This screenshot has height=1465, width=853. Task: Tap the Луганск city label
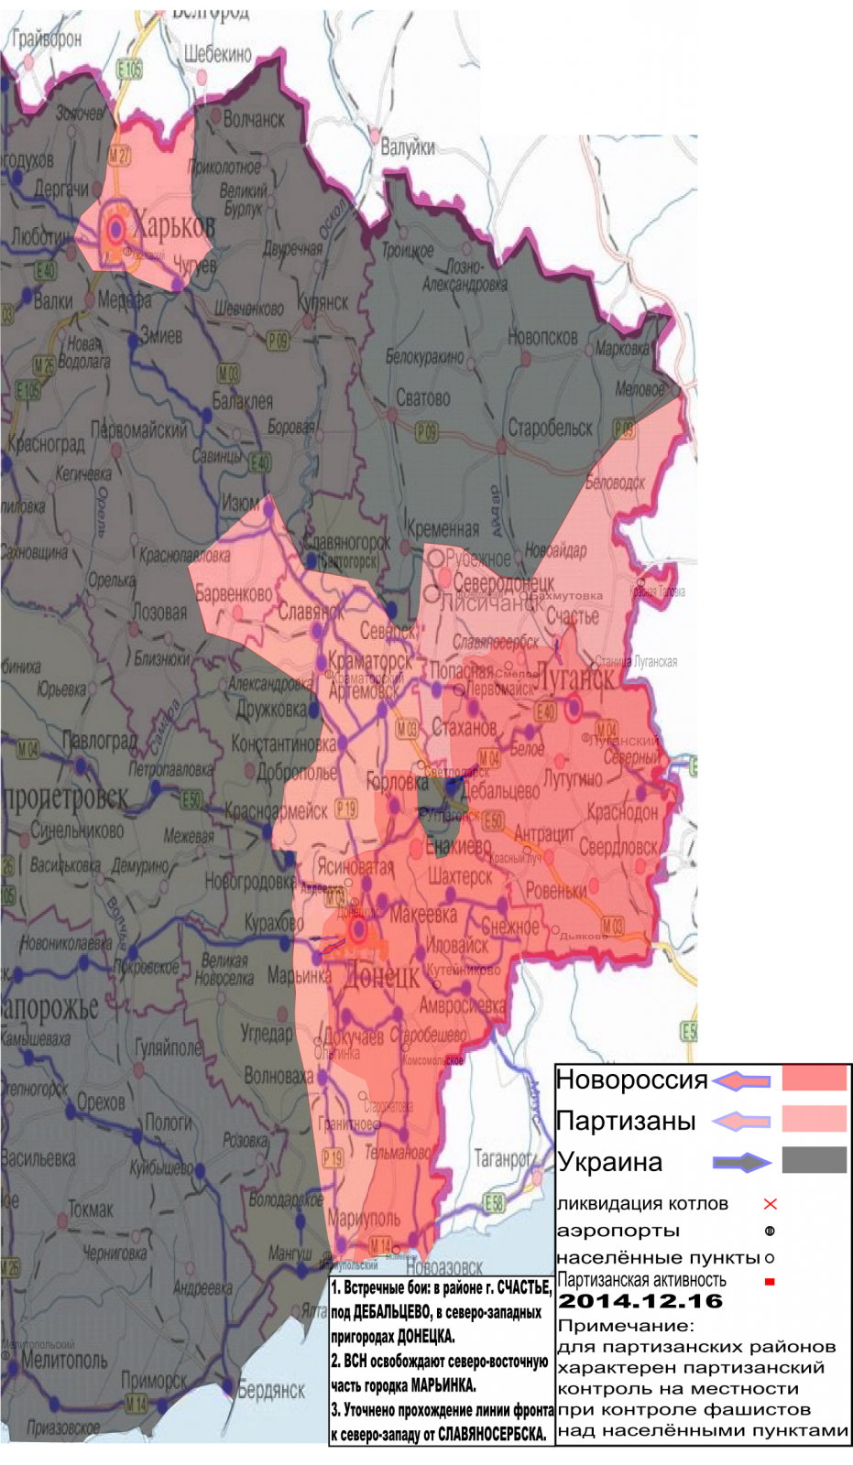point(574,678)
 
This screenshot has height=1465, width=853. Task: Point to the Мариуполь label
point(364,1218)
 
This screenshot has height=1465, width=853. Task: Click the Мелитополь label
point(64,1360)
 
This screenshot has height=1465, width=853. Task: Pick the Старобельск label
point(551,428)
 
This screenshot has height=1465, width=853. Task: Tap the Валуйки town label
point(408,146)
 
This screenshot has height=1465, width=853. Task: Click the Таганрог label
point(502,1158)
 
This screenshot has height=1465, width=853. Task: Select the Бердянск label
point(271,1390)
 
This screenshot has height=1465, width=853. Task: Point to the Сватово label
point(422,398)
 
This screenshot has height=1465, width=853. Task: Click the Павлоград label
point(99,740)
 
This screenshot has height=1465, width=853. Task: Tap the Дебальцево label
point(500,790)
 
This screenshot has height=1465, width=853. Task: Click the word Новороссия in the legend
point(631,1080)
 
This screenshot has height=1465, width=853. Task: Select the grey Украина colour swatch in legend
point(814,1160)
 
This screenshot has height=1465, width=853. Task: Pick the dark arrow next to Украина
point(742,1162)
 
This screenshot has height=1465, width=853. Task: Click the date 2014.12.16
point(640,1301)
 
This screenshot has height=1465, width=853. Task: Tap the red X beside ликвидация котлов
point(770,1204)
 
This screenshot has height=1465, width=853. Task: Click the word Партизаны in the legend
point(626,1121)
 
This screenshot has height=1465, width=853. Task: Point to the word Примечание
point(626,1326)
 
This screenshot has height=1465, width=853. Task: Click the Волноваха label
point(279,1076)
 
